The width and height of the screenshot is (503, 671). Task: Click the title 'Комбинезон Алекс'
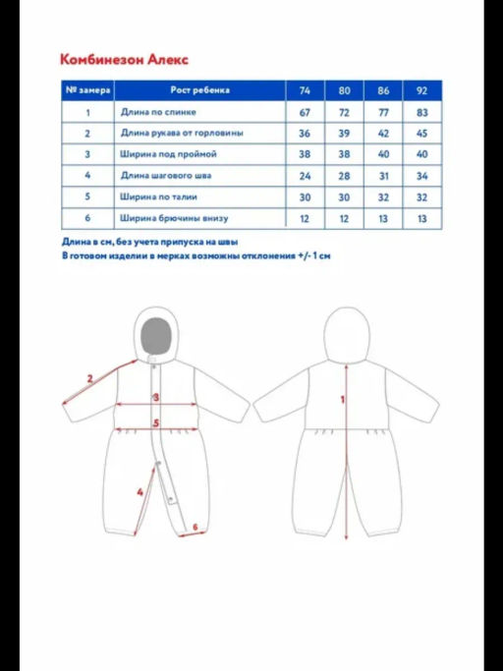point(124,59)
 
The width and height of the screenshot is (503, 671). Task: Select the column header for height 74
point(305,90)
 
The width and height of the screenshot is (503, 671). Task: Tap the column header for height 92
point(421,90)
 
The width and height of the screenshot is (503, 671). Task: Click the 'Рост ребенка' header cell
point(199,90)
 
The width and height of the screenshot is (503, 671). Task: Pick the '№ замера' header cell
point(87,90)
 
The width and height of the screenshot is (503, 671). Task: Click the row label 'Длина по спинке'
point(158,112)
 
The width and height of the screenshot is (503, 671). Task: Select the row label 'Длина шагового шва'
point(166,176)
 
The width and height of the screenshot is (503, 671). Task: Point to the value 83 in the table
point(421,113)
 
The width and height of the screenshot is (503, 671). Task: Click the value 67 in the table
point(305,113)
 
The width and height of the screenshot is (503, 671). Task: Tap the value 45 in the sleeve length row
point(421,134)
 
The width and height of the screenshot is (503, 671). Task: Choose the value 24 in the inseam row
point(305,176)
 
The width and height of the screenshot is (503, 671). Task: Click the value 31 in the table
point(383,176)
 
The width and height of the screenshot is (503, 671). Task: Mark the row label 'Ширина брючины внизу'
point(174,218)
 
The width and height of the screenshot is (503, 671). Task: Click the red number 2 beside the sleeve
point(90,378)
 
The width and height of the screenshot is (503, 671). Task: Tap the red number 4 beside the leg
point(140,492)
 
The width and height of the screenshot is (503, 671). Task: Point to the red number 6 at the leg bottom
point(196,527)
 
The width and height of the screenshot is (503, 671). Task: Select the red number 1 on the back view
point(342,400)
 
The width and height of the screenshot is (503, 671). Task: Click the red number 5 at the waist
point(156,423)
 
